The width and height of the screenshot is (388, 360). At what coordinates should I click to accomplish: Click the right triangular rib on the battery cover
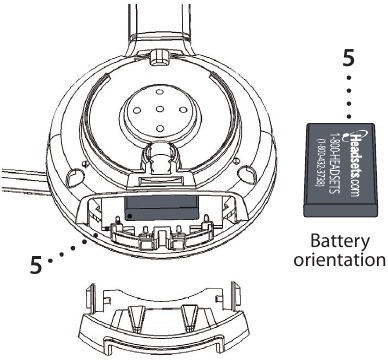[x=191, y=315]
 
